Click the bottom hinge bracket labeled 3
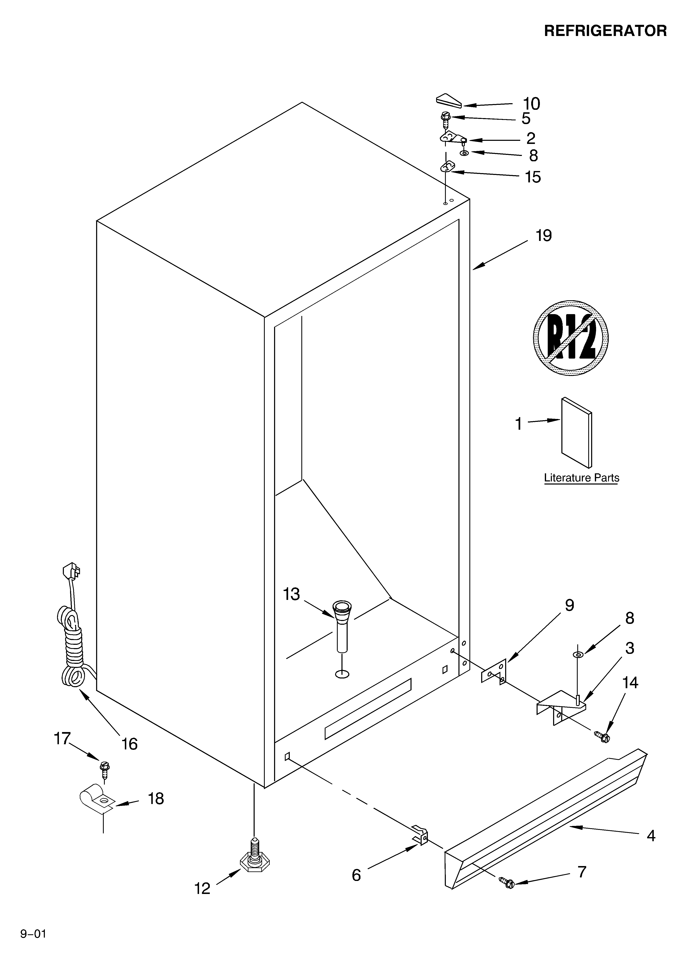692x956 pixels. (561, 705)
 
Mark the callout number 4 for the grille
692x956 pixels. (651, 835)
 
